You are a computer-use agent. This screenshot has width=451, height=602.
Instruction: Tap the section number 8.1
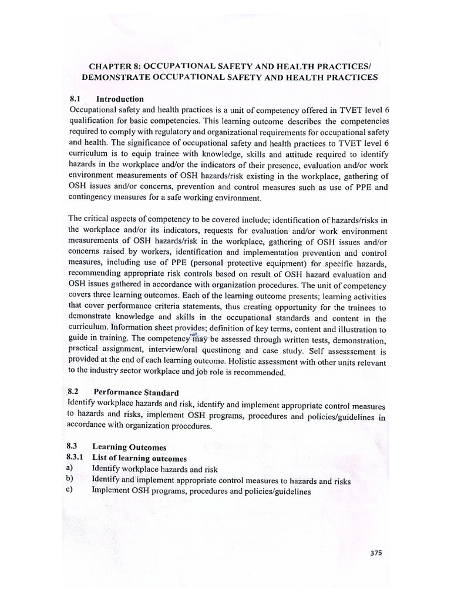pos(75,99)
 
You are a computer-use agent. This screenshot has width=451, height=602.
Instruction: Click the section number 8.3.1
pos(78,459)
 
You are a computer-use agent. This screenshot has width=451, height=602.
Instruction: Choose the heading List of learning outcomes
pos(140,459)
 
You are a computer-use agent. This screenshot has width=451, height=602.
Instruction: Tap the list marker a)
pos(73,469)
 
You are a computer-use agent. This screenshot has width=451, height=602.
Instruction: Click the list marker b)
pos(73,480)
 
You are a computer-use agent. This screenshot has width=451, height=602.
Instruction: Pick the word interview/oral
pos(186,350)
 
